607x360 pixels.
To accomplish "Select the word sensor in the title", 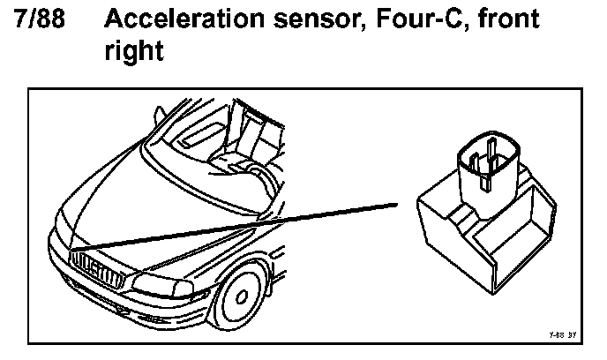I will (296, 19).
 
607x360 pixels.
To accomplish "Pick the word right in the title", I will (134, 51).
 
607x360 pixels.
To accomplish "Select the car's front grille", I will (92, 266).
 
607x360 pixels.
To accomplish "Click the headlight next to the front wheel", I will (162, 284).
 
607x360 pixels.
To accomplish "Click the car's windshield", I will (212, 150).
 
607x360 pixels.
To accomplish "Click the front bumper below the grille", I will (106, 304).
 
